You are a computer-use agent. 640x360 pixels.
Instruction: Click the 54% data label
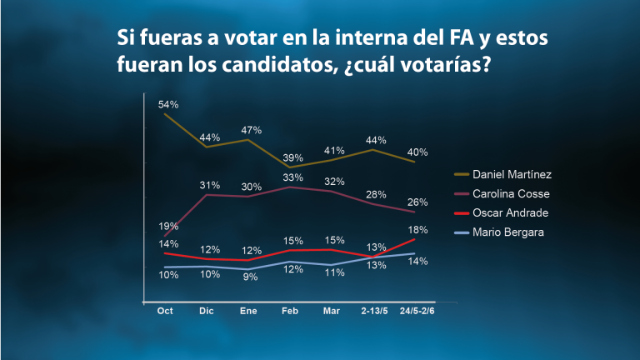(168, 104)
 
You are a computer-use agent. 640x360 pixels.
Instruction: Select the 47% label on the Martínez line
(251, 130)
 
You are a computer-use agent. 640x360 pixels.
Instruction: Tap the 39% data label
(292, 158)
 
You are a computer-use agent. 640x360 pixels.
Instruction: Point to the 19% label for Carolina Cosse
(168, 226)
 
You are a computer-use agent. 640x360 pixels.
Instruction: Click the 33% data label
(292, 177)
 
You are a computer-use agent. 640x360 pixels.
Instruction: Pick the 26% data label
(417, 202)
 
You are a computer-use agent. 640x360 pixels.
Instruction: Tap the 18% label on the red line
(417, 230)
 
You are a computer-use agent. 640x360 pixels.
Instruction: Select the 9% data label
(250, 277)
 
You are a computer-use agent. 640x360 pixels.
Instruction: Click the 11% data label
(334, 272)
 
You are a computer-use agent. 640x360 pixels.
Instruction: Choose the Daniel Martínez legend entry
(502, 175)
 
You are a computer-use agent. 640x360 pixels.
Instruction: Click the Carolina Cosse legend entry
(502, 194)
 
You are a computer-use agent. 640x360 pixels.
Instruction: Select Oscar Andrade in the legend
(501, 213)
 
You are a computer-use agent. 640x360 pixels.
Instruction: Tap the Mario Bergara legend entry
(499, 232)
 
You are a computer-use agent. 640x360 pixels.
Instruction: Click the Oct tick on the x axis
(165, 311)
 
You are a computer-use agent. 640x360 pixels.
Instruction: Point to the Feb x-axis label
(290, 311)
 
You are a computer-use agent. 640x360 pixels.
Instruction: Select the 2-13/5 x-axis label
(374, 311)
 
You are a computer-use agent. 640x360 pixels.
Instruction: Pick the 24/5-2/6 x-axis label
(417, 311)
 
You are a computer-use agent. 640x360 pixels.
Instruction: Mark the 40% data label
(417, 152)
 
